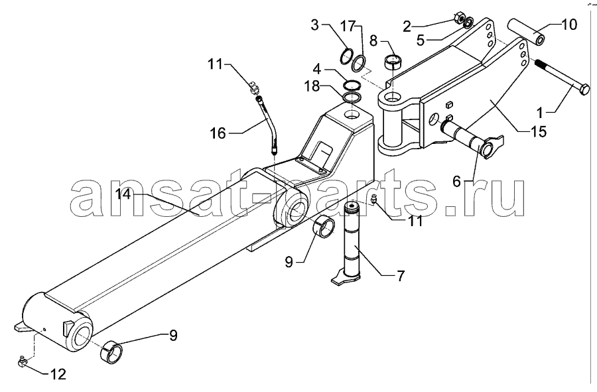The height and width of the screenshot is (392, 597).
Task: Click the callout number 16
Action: (218, 133)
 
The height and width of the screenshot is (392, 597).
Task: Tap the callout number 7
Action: (400, 275)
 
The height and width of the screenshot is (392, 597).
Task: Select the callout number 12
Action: (58, 374)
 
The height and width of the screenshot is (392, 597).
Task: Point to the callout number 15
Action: (537, 131)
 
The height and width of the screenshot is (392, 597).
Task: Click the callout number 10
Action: (568, 25)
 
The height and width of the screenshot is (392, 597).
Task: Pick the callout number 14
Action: (124, 194)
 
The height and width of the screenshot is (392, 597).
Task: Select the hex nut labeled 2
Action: (458, 17)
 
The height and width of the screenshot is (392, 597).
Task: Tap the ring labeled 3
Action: (346, 56)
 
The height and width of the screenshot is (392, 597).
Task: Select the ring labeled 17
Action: (358, 63)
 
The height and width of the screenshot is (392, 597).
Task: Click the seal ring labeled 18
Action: (352, 98)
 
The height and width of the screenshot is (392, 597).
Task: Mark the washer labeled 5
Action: (469, 22)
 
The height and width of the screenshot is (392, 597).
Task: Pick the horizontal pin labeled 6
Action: (472, 139)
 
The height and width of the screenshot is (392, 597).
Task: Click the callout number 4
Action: (317, 70)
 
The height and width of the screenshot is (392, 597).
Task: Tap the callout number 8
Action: (373, 40)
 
